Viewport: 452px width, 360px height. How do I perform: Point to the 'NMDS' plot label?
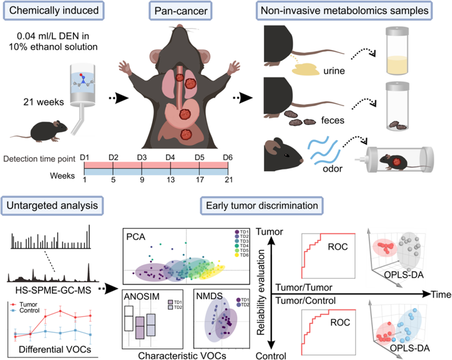[x=208, y=296]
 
